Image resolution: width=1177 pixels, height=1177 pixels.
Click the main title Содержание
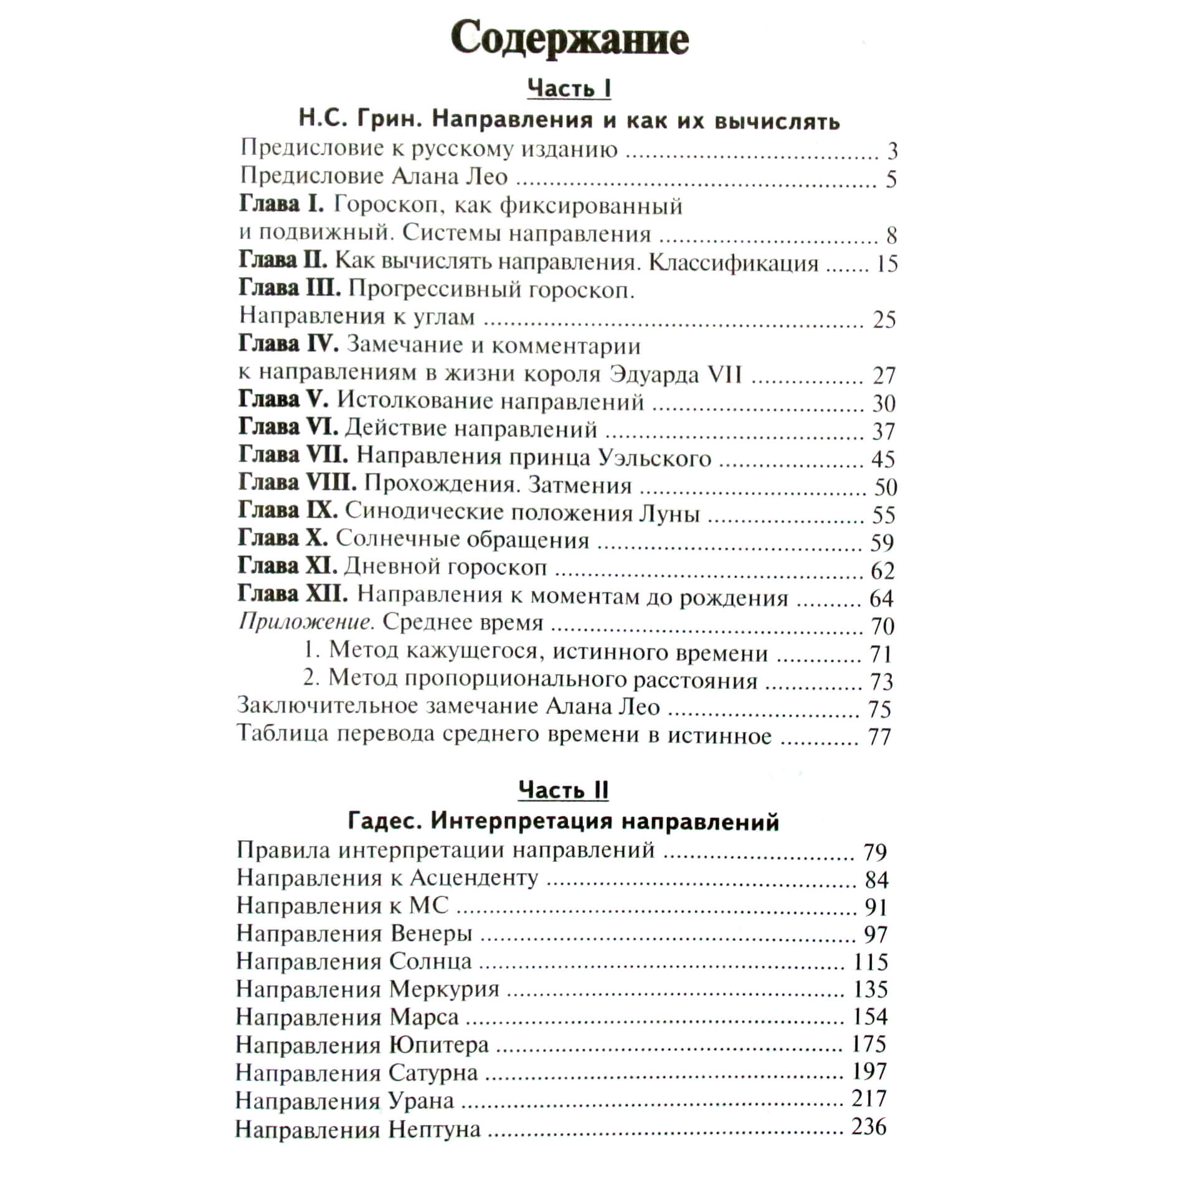570,40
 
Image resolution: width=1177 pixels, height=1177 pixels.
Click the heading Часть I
569,88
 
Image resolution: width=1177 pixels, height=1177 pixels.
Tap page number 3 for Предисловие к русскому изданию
892,151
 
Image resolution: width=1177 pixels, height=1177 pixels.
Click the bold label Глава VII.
293,455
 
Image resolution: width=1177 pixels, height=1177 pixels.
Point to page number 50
886,486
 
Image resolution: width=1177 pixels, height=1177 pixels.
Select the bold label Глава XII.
293,594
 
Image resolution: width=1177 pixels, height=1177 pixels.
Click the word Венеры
431,934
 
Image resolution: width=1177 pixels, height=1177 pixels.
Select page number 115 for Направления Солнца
870,962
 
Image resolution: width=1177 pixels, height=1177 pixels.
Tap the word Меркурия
444,989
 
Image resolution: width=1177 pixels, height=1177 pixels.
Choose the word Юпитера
438,1044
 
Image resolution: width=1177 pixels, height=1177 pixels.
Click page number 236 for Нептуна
869,1126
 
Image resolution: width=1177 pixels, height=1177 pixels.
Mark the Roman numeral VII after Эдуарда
725,374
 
